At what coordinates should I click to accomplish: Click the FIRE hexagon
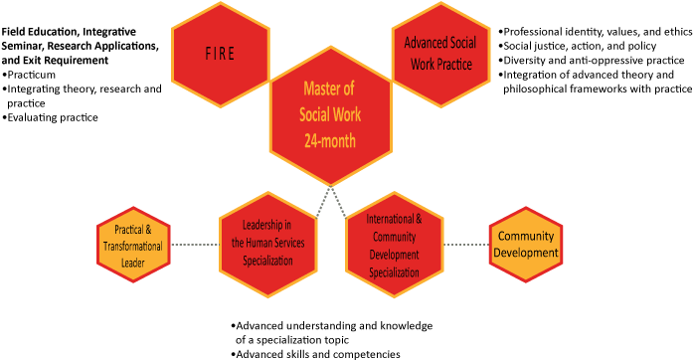[220, 55]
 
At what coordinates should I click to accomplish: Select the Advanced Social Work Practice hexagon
[438, 55]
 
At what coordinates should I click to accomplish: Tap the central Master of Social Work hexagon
[329, 114]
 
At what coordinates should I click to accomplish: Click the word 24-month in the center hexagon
[328, 140]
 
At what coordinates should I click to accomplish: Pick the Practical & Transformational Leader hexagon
[133, 245]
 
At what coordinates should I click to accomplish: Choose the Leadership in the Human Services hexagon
[267, 244]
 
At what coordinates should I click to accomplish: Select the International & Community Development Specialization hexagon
[395, 245]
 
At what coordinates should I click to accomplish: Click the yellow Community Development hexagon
[526, 245]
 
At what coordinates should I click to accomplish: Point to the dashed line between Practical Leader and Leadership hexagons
[195, 245]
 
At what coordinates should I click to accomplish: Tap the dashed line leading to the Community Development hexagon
[466, 245]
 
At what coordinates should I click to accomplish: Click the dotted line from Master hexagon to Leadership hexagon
[319, 202]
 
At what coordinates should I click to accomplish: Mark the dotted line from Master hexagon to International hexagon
[339, 202]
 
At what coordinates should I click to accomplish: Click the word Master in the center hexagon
[328, 89]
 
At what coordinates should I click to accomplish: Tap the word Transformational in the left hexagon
[133, 246]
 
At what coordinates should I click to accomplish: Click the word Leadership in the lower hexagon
[266, 225]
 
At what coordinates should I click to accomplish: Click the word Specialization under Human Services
[267, 261]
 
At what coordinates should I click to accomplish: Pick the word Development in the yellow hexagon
[526, 253]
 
